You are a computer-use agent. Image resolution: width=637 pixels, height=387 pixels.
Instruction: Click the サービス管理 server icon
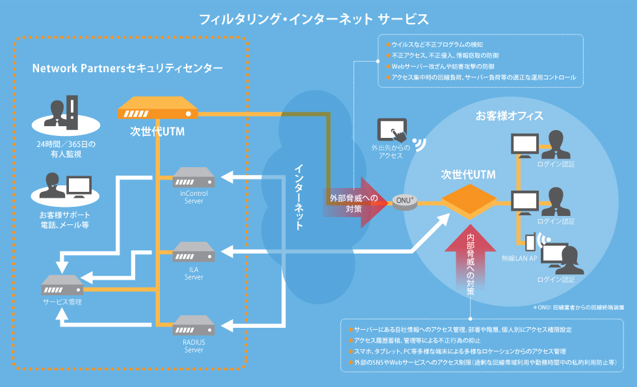point(62,285)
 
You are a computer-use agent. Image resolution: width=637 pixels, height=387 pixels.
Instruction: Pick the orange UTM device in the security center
point(158,109)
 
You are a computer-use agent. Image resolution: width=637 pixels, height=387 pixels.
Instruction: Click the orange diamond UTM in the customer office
point(469,198)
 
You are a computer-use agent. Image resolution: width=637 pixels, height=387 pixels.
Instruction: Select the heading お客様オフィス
point(510,116)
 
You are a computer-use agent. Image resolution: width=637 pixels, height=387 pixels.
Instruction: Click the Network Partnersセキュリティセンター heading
point(127,68)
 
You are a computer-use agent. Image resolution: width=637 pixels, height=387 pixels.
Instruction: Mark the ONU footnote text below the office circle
point(578,306)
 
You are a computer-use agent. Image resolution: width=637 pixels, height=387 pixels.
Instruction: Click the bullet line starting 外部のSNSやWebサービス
point(484,361)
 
